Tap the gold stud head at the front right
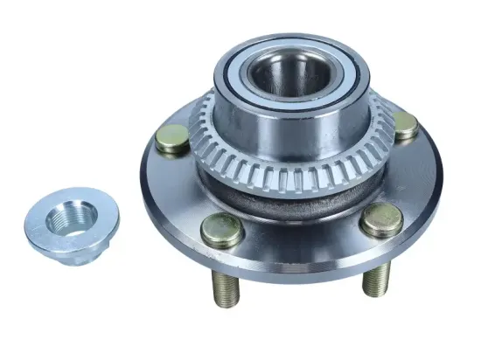[381, 220]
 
